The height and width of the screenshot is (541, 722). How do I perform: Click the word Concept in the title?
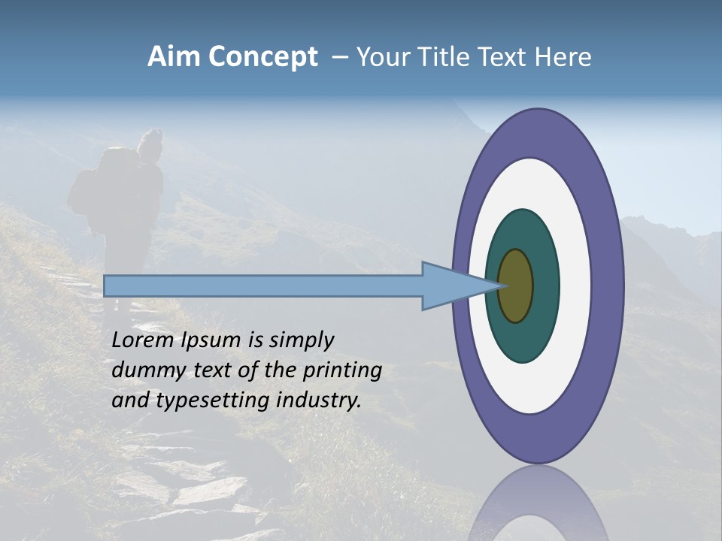(x=262, y=58)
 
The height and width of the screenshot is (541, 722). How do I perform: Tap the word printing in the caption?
(x=342, y=370)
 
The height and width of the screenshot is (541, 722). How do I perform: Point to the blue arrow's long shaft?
(x=263, y=286)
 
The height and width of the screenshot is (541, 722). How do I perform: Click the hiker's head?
(x=151, y=143)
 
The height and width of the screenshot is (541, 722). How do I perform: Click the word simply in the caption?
(x=296, y=340)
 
